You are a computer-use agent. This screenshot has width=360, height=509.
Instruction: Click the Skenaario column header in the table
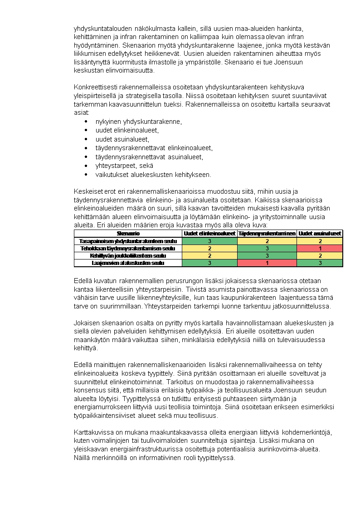pyautogui.click(x=128, y=233)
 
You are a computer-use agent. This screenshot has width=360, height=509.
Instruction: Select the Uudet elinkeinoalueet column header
pyautogui.click(x=209, y=233)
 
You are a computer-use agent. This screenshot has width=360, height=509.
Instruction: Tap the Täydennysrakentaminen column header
pyautogui.click(x=267, y=233)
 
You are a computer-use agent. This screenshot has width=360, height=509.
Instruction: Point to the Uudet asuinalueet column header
pyautogui.click(x=320, y=233)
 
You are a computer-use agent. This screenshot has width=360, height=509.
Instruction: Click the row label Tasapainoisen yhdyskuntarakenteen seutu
pyautogui.click(x=128, y=241)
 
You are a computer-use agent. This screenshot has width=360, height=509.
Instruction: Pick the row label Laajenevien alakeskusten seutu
pyautogui.click(x=128, y=263)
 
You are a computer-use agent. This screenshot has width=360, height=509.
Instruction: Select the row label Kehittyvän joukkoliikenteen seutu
pyautogui.click(x=128, y=255)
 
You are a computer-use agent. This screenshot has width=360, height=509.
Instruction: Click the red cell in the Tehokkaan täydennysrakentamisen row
pyautogui.click(x=320, y=248)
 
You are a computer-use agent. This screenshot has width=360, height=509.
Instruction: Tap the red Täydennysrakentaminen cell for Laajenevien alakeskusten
pyautogui.click(x=267, y=263)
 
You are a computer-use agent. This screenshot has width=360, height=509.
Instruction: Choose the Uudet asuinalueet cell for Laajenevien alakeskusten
pyautogui.click(x=320, y=263)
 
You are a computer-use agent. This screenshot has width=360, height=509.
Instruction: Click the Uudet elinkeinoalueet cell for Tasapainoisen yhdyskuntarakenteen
pyautogui.click(x=209, y=241)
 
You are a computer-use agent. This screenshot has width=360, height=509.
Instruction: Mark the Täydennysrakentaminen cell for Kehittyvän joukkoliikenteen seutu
pyautogui.click(x=267, y=255)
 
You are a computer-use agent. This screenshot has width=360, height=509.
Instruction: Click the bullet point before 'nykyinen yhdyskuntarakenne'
pyautogui.click(x=86, y=122)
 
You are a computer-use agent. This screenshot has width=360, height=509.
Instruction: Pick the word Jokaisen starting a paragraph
pyautogui.click(x=86, y=323)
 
